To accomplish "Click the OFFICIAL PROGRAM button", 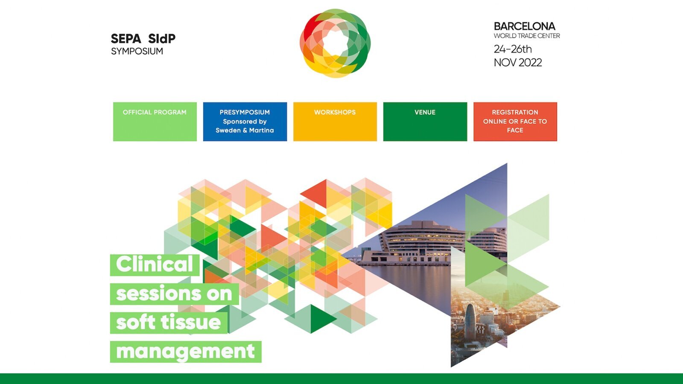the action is click(x=155, y=122).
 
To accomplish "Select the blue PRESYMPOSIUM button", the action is click(x=245, y=122).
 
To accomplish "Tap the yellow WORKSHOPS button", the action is click(x=335, y=122).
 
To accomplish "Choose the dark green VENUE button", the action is click(x=425, y=122).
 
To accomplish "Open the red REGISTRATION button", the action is click(x=515, y=122).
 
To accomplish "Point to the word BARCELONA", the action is click(x=525, y=26).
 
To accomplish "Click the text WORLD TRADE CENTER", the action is click(x=527, y=36).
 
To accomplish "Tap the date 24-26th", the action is click(x=513, y=49).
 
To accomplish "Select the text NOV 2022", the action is click(x=518, y=62).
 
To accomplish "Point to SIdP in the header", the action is click(x=162, y=39).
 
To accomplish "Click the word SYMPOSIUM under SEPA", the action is click(x=137, y=51).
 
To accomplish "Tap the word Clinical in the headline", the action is click(x=155, y=264).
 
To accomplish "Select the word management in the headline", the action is click(x=185, y=352).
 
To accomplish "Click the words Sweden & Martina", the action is click(x=245, y=131).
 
